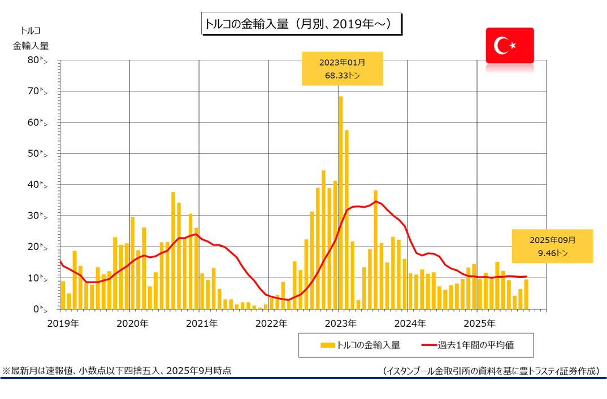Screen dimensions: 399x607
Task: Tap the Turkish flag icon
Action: point(509,45)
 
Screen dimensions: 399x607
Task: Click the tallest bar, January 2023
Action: point(341,203)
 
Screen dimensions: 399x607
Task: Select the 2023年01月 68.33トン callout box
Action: point(342,68)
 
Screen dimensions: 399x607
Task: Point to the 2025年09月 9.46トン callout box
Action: point(552,246)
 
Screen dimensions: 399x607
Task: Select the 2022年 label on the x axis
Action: point(271,324)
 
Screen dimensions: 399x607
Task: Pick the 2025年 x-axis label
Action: point(479,324)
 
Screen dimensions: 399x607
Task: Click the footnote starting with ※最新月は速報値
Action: point(116,371)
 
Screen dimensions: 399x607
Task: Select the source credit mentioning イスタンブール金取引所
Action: point(490,371)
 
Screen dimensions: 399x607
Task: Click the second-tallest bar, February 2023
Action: point(346,220)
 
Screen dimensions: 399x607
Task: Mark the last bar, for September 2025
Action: point(526,295)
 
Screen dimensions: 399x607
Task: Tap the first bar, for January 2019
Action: point(63,295)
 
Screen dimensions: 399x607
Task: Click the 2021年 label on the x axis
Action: point(202,324)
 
